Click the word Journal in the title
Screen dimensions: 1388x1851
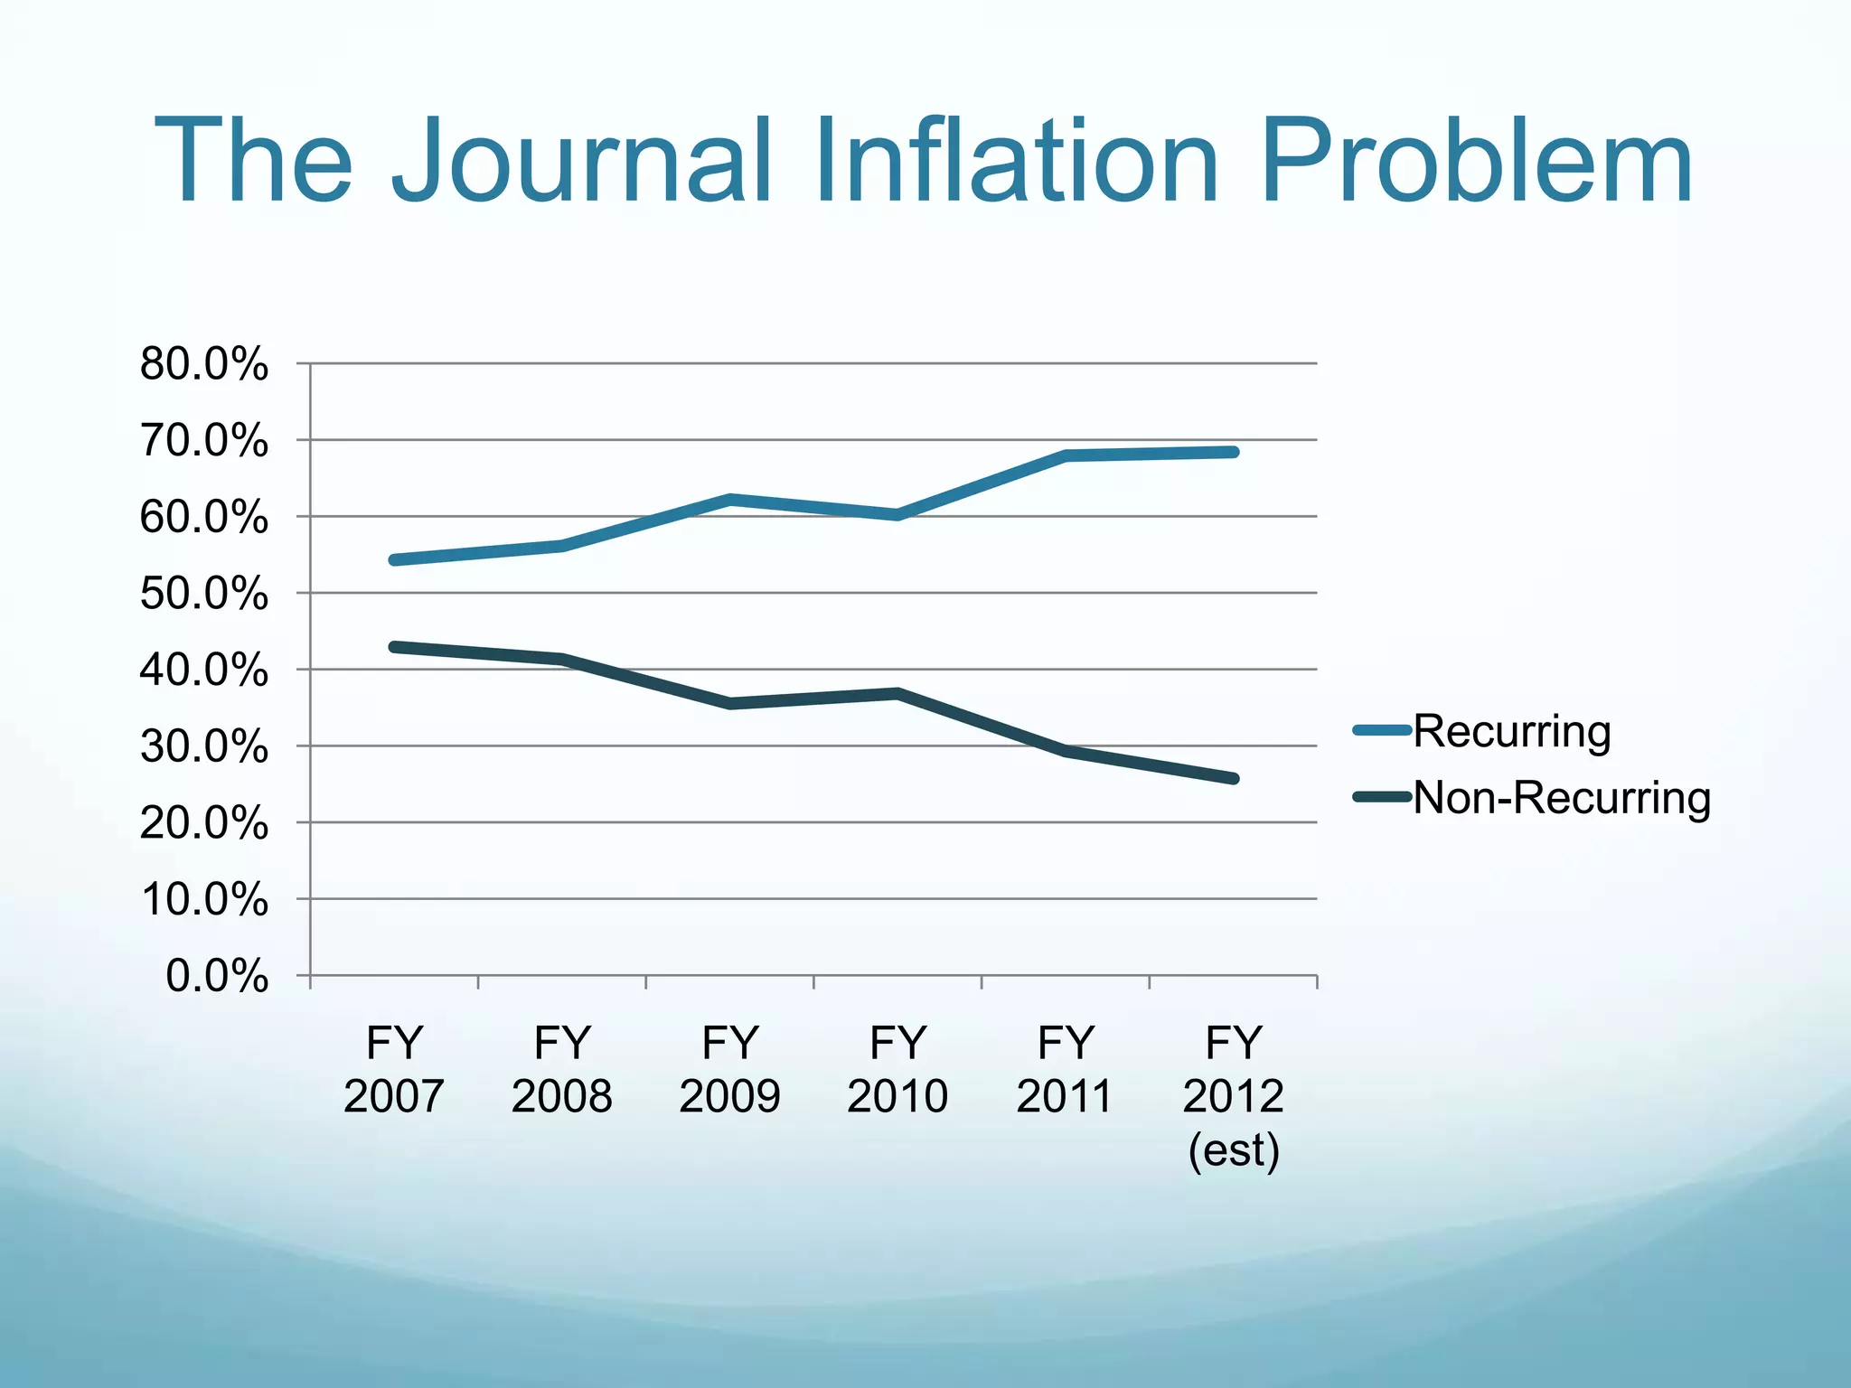[x=582, y=163]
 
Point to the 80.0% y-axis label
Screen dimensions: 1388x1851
[x=204, y=365]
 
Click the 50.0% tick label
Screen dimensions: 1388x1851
[x=204, y=595]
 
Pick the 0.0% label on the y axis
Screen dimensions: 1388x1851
[x=217, y=977]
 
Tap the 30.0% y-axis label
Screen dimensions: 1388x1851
[x=204, y=747]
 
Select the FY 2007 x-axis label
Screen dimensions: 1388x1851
[x=394, y=1069]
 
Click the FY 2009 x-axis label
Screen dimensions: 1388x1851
[x=729, y=1069]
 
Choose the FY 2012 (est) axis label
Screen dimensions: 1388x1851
[x=1233, y=1095]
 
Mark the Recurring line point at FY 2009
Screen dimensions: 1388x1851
[x=730, y=499]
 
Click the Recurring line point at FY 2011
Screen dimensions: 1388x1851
[x=1066, y=455]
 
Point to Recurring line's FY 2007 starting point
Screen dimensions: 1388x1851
[x=395, y=560]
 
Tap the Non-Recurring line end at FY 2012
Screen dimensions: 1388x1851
[x=1234, y=778]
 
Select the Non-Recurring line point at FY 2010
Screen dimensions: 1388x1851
[x=897, y=694]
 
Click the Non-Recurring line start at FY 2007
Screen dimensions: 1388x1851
[x=395, y=647]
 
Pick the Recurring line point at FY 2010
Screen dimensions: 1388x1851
[x=897, y=515]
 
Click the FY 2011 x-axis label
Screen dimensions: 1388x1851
[x=1065, y=1069]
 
